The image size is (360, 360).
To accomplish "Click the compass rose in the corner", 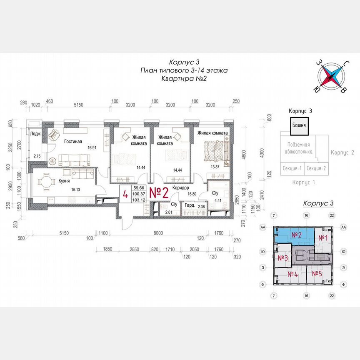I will point(332,76).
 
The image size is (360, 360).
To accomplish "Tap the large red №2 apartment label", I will point(158,193).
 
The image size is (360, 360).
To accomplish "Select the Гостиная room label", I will point(73,141).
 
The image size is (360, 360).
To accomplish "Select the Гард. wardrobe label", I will point(190,206).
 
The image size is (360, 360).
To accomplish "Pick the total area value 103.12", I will point(138,200).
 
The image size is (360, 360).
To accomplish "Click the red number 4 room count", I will point(125,194).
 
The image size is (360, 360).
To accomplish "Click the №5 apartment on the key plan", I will point(317,274).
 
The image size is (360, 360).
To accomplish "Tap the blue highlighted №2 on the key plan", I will point(296,235).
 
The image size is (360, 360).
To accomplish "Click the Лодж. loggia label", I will point(35,134).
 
